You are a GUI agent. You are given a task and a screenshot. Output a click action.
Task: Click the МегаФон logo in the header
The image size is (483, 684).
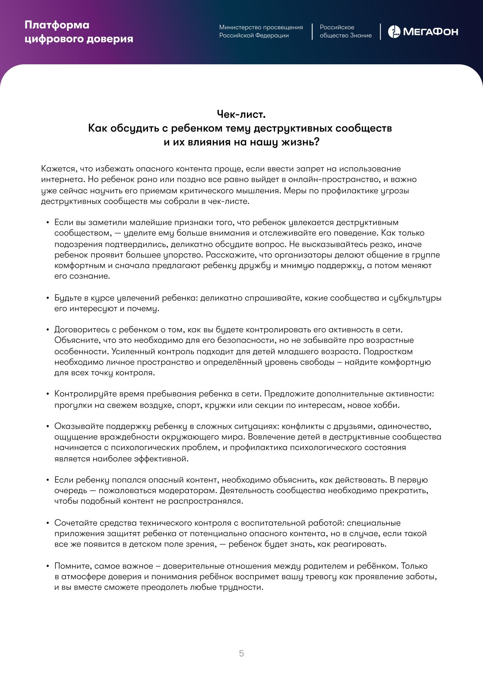(423, 32)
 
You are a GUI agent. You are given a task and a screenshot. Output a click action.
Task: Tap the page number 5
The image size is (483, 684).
(241, 653)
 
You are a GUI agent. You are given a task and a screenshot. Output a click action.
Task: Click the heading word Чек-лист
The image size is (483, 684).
(241, 114)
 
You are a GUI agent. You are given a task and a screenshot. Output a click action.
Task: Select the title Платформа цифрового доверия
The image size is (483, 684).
(79, 32)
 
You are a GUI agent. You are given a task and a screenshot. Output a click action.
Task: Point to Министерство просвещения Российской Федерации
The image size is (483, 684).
(261, 31)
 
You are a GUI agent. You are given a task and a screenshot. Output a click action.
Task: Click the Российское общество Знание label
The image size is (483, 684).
(346, 31)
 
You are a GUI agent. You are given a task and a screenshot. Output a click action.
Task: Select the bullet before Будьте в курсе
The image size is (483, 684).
(48, 298)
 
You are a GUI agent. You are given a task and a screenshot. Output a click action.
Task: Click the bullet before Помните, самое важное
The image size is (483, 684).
(48, 566)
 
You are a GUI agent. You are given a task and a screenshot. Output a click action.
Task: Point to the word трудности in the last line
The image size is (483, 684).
(242, 587)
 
